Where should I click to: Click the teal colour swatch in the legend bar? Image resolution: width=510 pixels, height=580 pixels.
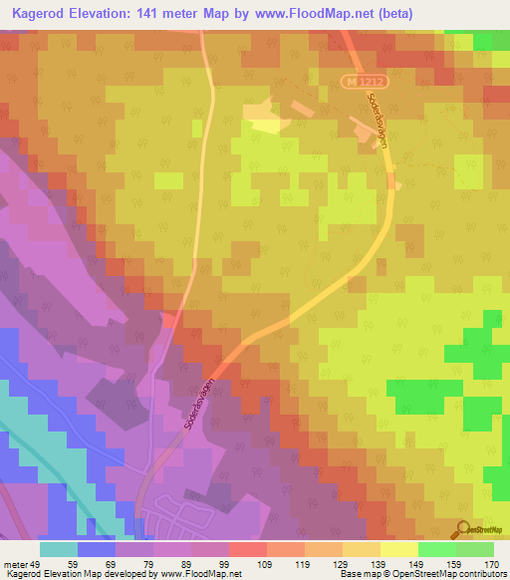[x=59, y=549]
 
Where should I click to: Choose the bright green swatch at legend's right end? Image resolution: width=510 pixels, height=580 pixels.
[x=475, y=549]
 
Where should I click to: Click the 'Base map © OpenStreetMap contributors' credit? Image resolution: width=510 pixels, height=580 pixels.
[x=421, y=573]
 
